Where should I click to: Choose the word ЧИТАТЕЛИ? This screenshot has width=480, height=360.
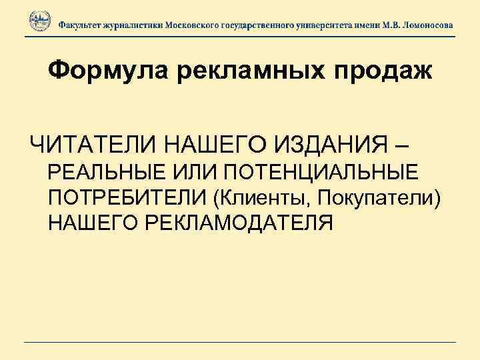[x=89, y=143]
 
